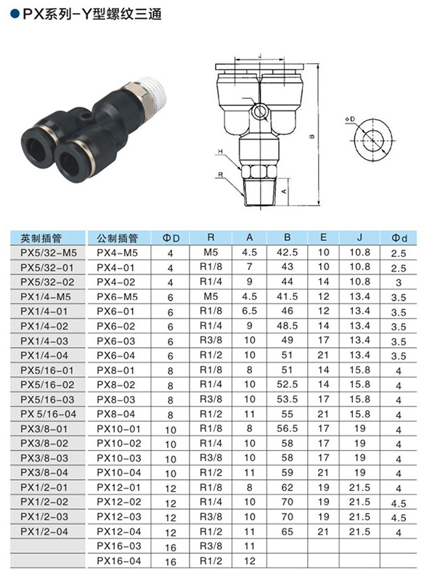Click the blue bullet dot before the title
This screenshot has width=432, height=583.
pyautogui.click(x=15, y=14)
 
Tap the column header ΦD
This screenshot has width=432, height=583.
pyautogui.click(x=171, y=238)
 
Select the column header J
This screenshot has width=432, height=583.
pyautogui.click(x=359, y=237)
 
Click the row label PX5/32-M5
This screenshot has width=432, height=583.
pyautogui.click(x=49, y=253)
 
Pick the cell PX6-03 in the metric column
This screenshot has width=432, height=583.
pyautogui.click(x=116, y=341)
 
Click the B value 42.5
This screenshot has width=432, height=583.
pyautogui.click(x=287, y=252)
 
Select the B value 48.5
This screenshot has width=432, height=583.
pyautogui.click(x=287, y=326)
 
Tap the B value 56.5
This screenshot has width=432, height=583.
pyautogui.click(x=287, y=428)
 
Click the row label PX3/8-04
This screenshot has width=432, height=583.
pyautogui.click(x=44, y=473)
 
